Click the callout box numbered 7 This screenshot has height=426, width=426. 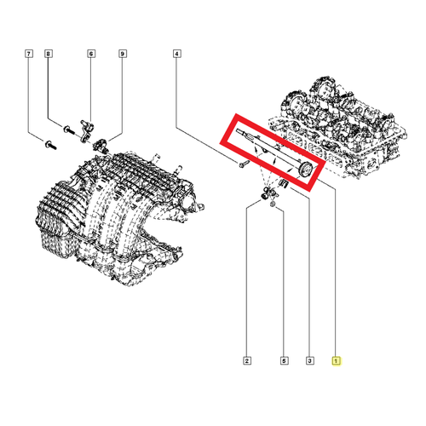click(x=29, y=55)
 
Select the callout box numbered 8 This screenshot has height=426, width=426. click(x=49, y=55)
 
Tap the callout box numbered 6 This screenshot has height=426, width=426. click(x=90, y=55)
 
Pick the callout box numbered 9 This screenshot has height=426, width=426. click(x=122, y=55)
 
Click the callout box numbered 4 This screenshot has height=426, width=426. click(x=177, y=55)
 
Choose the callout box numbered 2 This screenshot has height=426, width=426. click(x=245, y=360)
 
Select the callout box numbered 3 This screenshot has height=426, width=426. click(x=308, y=360)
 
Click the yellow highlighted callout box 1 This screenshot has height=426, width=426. click(x=337, y=360)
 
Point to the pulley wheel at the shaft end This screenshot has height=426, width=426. click(x=302, y=174)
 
